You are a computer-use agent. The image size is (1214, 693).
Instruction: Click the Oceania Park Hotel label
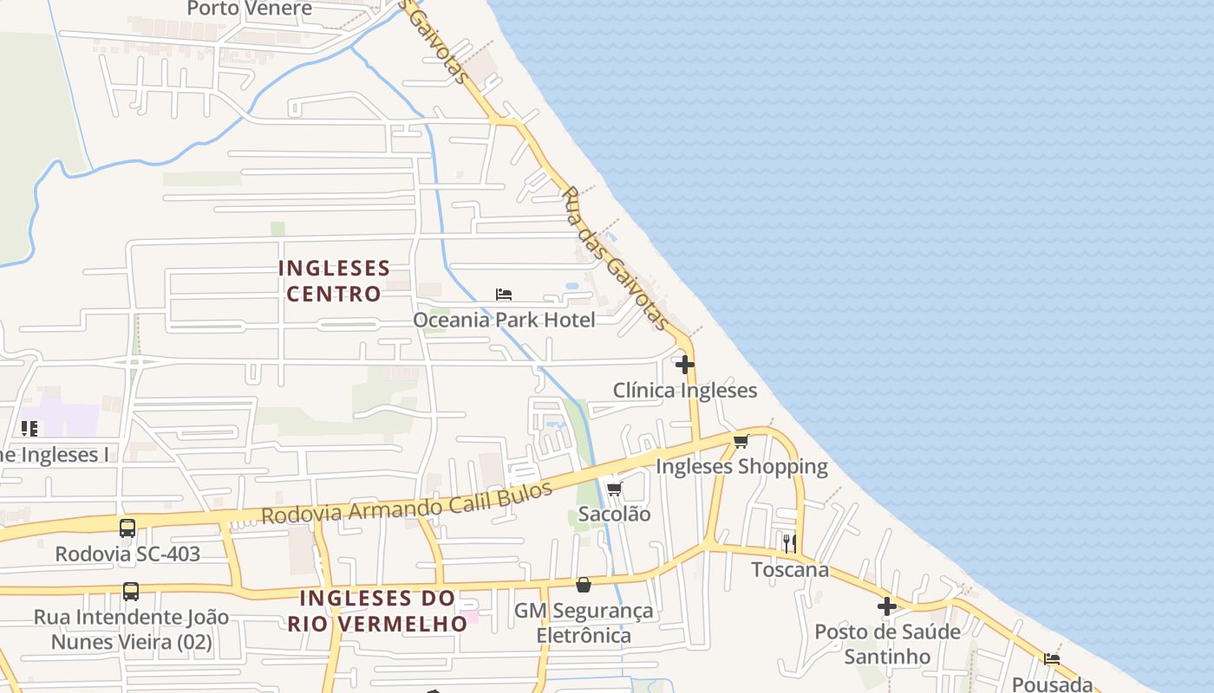point(504,320)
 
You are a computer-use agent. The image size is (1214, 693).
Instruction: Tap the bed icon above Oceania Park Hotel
point(504,295)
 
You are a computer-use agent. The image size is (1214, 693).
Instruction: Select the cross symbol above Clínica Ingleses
point(685,365)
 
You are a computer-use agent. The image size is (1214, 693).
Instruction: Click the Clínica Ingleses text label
point(685,391)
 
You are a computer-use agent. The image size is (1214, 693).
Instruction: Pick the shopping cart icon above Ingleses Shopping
point(741,442)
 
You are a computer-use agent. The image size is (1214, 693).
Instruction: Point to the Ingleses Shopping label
point(741,467)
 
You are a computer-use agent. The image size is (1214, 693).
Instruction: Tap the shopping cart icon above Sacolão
point(614,489)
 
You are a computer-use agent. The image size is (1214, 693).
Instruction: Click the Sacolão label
point(614,514)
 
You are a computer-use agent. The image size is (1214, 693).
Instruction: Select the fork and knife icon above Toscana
point(790,544)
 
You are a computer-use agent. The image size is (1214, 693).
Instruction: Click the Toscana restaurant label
point(790,570)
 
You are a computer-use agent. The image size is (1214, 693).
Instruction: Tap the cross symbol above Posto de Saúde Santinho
point(887,606)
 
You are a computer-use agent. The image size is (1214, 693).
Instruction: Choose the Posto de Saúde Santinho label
point(887,644)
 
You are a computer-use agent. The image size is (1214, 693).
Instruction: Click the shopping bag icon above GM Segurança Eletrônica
point(584,586)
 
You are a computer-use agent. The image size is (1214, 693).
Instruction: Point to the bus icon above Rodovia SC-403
point(127,528)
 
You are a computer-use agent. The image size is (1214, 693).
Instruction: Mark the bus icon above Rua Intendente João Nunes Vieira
point(131,592)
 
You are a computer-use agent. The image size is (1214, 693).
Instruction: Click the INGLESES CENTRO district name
point(334,281)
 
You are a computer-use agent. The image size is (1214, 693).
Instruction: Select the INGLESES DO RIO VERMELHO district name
point(377,611)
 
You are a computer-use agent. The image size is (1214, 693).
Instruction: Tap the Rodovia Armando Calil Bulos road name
point(407,503)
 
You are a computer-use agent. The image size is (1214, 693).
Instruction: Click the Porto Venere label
point(249,9)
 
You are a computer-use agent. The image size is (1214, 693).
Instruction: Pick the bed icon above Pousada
point(1052,659)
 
